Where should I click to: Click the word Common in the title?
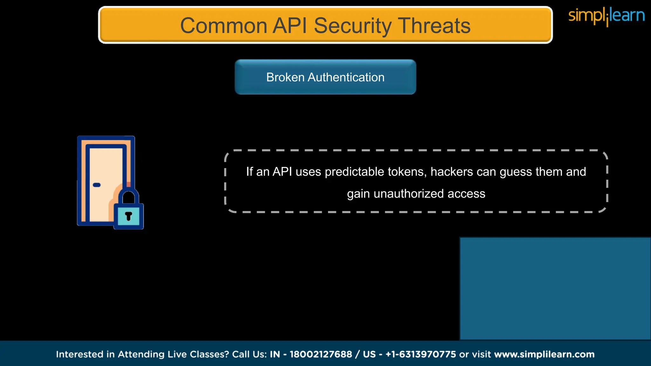[x=223, y=25]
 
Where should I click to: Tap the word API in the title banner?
[x=290, y=25]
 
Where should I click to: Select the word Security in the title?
[x=353, y=25]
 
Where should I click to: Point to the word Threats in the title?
[x=434, y=25]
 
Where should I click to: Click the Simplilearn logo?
[x=606, y=16]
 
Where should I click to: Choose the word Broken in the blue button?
[x=285, y=77]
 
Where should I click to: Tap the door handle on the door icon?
[x=97, y=185]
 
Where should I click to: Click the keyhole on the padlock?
[x=128, y=216]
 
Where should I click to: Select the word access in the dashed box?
[x=466, y=194]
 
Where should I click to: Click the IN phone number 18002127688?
[x=321, y=354]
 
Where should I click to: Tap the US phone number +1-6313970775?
[x=421, y=354]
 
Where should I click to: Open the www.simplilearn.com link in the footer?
[x=544, y=354]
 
